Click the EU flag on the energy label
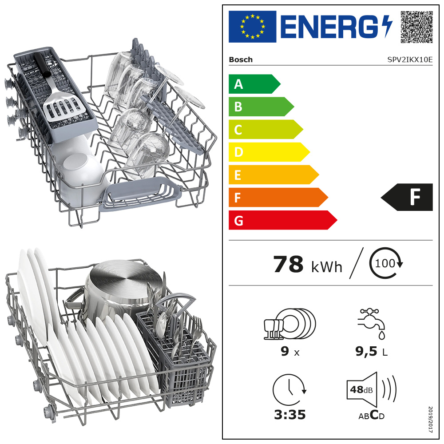(x=252, y=27)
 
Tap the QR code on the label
(x=416, y=27)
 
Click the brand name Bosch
(x=241, y=60)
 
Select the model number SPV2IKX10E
(x=410, y=60)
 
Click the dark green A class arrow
(x=254, y=84)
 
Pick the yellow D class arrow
(x=269, y=152)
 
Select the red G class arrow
(x=282, y=220)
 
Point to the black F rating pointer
(x=407, y=198)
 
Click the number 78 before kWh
(x=288, y=264)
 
